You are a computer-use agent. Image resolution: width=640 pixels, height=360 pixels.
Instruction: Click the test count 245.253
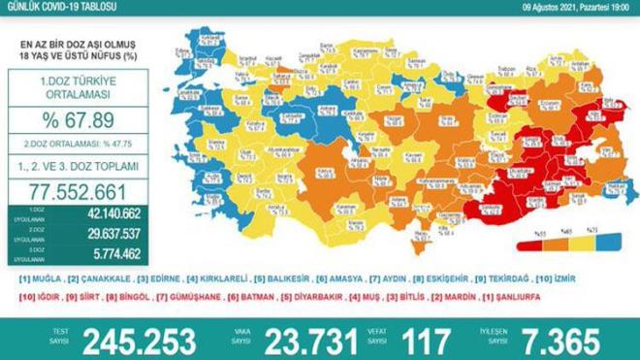click(x=140, y=339)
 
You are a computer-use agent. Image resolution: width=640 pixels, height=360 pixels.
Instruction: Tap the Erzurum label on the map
click(x=527, y=104)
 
